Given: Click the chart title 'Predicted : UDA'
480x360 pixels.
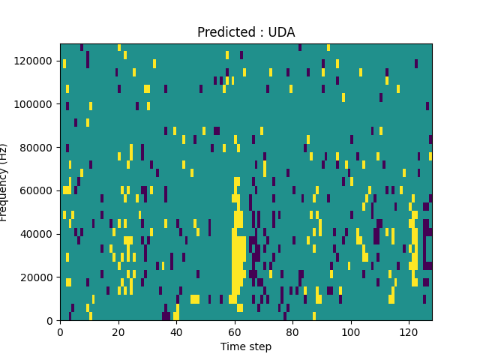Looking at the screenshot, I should pos(246,32).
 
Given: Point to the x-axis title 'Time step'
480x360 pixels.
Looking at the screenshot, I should pos(246,346).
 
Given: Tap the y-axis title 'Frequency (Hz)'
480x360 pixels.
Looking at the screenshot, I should pos(4,182).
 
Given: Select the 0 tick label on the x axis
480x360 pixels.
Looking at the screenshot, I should pos(60,331).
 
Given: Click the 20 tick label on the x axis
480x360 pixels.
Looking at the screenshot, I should pos(118,331).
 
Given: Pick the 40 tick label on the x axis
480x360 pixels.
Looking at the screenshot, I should pos(176,331).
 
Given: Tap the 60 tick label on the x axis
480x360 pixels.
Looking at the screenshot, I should pos(234,331).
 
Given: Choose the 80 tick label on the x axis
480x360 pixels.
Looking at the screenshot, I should pos(292,331).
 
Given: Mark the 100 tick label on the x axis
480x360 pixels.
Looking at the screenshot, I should pos(350,331).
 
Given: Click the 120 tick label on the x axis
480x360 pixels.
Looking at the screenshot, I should pos(408,331).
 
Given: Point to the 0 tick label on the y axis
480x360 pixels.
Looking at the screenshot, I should pos(49,321).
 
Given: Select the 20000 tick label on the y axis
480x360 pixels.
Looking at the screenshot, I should pos(37,277).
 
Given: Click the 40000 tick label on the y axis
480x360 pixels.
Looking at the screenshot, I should pos(37,234).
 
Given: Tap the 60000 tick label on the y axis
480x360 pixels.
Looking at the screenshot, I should pos(37,190).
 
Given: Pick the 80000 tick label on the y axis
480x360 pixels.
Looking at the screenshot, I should pos(37,147).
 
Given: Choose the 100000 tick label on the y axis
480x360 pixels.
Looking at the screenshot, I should pos(35,103).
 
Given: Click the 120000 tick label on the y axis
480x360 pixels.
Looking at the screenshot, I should pos(35,60).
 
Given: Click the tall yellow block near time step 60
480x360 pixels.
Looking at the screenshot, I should pos(238,259).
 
